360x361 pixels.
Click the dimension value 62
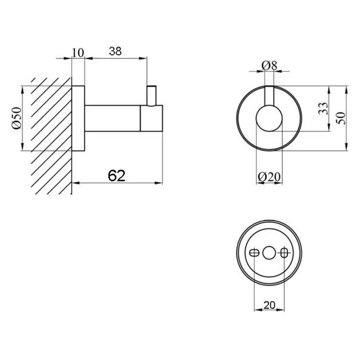(x=117, y=176)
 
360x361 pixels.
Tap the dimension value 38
(x=115, y=51)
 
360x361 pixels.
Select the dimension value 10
(x=78, y=53)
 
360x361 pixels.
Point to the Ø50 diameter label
(x=17, y=118)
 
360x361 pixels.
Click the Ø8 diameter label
(x=270, y=66)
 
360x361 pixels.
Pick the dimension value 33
(x=323, y=108)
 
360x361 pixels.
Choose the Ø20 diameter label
(x=269, y=177)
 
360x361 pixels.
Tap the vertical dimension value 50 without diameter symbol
(x=342, y=118)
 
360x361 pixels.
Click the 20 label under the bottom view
(x=270, y=305)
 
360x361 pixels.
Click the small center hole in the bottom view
(x=269, y=253)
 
